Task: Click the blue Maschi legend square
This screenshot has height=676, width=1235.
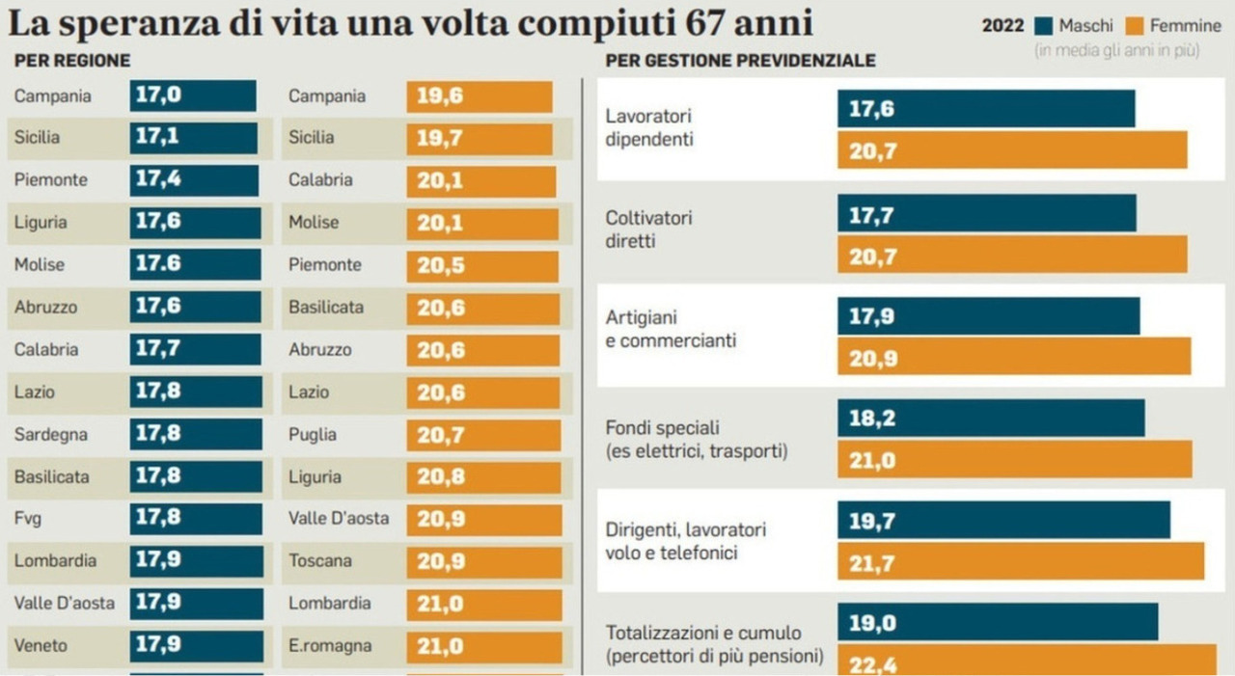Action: click(1044, 26)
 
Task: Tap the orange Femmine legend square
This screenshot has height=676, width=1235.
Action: click(1136, 26)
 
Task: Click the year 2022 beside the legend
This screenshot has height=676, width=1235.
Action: click(1002, 26)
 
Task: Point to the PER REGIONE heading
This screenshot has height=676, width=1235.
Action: click(72, 61)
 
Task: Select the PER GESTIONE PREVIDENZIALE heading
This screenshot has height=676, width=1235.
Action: click(740, 61)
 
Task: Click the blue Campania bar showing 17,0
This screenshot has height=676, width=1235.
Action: click(193, 96)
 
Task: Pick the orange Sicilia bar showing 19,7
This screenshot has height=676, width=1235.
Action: click(480, 138)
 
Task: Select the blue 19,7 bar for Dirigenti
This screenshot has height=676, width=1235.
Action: click(1003, 520)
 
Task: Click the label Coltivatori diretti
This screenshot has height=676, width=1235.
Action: click(648, 230)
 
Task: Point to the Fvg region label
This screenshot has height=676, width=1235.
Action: click(28, 519)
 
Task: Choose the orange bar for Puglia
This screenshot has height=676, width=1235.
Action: click(483, 435)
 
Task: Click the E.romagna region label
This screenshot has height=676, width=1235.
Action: click(330, 646)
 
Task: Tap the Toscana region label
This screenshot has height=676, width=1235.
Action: click(320, 561)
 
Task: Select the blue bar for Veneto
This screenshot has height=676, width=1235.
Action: click(196, 646)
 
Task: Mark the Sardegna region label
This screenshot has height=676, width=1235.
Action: click(51, 435)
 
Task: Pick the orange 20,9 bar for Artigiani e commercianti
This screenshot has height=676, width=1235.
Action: click(1013, 356)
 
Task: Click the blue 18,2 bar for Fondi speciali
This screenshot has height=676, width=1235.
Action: click(991, 418)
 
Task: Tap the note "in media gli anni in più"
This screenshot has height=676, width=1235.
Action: click(1116, 50)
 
